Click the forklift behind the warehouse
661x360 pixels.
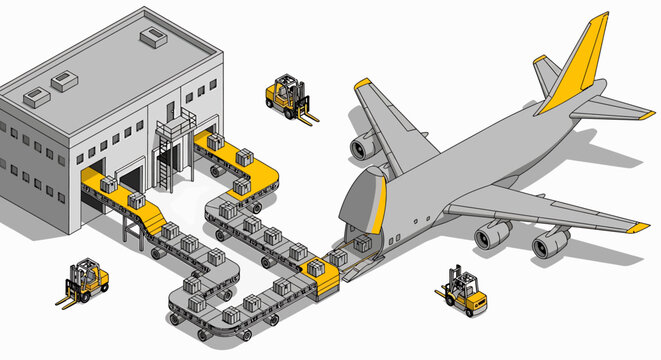pyautogui.click(x=286, y=95)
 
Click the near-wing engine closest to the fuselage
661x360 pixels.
pyautogui.click(x=493, y=234)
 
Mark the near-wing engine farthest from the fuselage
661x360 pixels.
pyautogui.click(x=551, y=242)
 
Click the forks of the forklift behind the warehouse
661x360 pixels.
pyautogui.click(x=307, y=116)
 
